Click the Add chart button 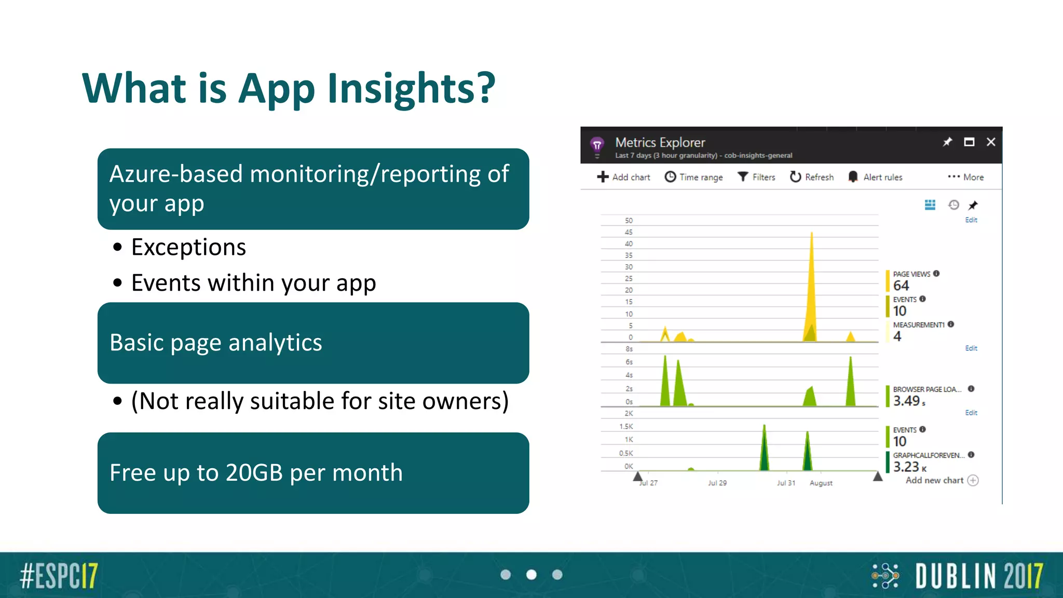click(623, 177)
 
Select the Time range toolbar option click(694, 177)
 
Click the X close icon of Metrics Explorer click(991, 142)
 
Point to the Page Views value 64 click(901, 286)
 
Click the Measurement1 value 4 click(897, 336)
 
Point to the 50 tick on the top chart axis click(629, 221)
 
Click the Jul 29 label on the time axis click(717, 483)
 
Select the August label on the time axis click(821, 483)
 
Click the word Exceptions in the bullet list click(188, 247)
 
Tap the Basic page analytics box click(313, 343)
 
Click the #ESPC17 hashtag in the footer click(59, 575)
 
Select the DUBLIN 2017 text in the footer click(979, 576)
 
